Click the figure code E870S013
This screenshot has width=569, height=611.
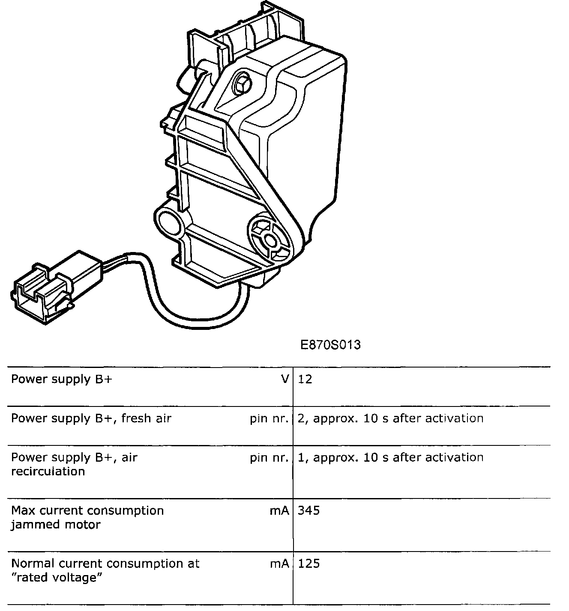tap(330, 345)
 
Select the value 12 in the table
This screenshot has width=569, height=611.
tap(305, 380)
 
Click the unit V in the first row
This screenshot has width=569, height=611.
tap(285, 380)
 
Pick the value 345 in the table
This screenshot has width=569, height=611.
tap(308, 510)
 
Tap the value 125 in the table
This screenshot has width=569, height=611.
tap(308, 564)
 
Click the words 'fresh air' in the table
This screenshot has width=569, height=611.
tap(146, 418)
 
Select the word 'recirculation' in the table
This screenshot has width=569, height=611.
tap(48, 472)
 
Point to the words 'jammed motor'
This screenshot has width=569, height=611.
tap(56, 525)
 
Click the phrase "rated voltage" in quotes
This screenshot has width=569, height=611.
tap(58, 578)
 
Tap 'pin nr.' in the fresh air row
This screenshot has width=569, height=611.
tap(269, 418)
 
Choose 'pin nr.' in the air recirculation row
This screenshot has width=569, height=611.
tap(269, 458)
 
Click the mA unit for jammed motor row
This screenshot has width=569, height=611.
tap(279, 510)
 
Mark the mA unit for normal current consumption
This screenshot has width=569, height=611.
tap(279, 564)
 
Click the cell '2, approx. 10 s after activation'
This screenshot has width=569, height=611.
tap(390, 418)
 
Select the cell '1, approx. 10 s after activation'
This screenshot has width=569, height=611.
tap(390, 458)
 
